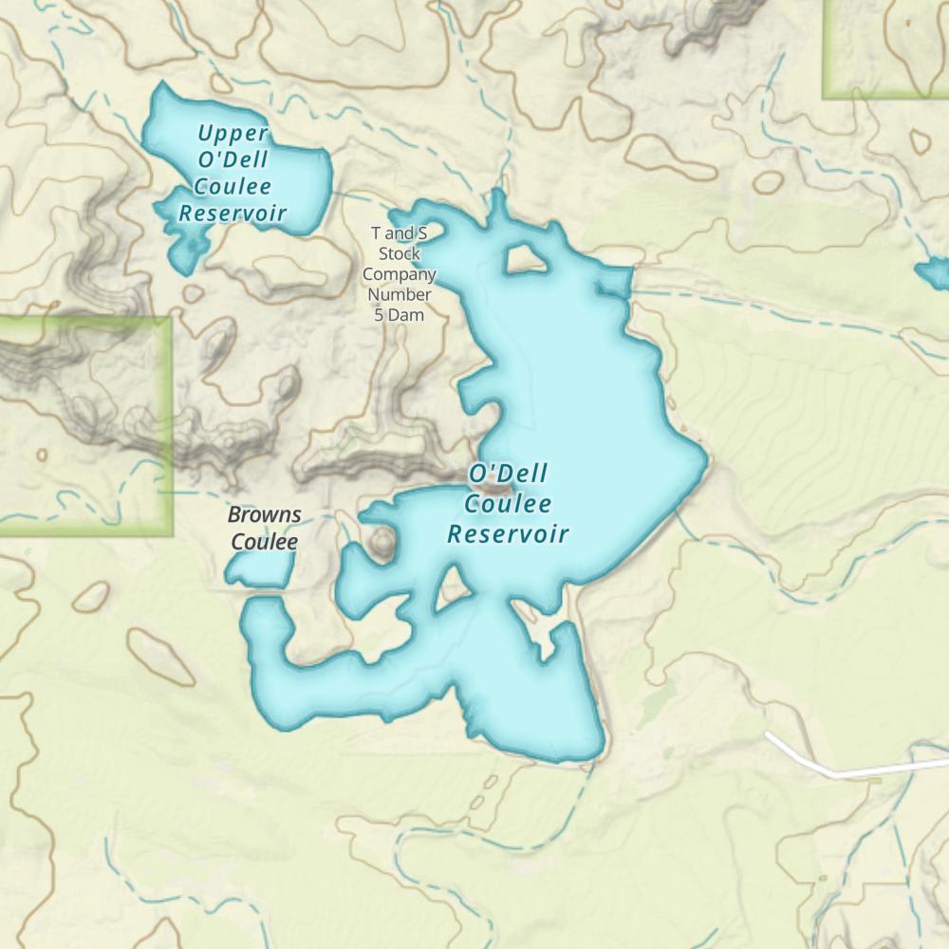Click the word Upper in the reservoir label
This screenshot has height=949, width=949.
(233, 134)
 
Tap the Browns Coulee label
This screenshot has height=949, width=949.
(265, 529)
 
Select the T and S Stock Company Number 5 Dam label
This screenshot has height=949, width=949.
(400, 273)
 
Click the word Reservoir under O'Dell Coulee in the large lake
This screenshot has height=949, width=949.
(508, 533)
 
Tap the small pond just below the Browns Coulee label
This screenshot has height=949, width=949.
(259, 568)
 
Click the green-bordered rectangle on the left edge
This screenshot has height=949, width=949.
(85, 425)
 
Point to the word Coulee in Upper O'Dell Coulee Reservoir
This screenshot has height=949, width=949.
(233, 187)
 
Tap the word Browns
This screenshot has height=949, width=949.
(265, 515)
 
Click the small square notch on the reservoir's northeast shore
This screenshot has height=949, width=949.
(616, 281)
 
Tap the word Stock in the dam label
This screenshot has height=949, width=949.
(400, 253)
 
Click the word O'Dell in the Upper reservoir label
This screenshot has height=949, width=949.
(233, 159)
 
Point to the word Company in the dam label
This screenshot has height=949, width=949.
(400, 274)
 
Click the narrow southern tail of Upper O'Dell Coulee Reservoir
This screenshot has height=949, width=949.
(183, 251)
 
